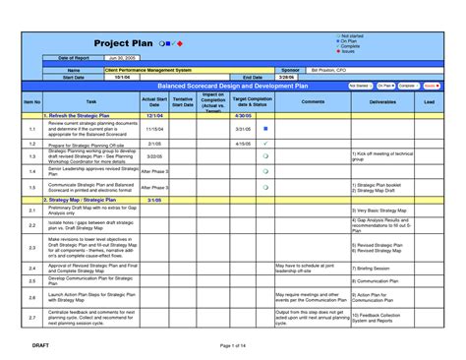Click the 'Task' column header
click(x=91, y=101)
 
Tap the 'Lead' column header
click(x=430, y=101)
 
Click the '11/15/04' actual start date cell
click(x=154, y=129)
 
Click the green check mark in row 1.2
click(x=266, y=144)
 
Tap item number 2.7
click(x=31, y=318)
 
